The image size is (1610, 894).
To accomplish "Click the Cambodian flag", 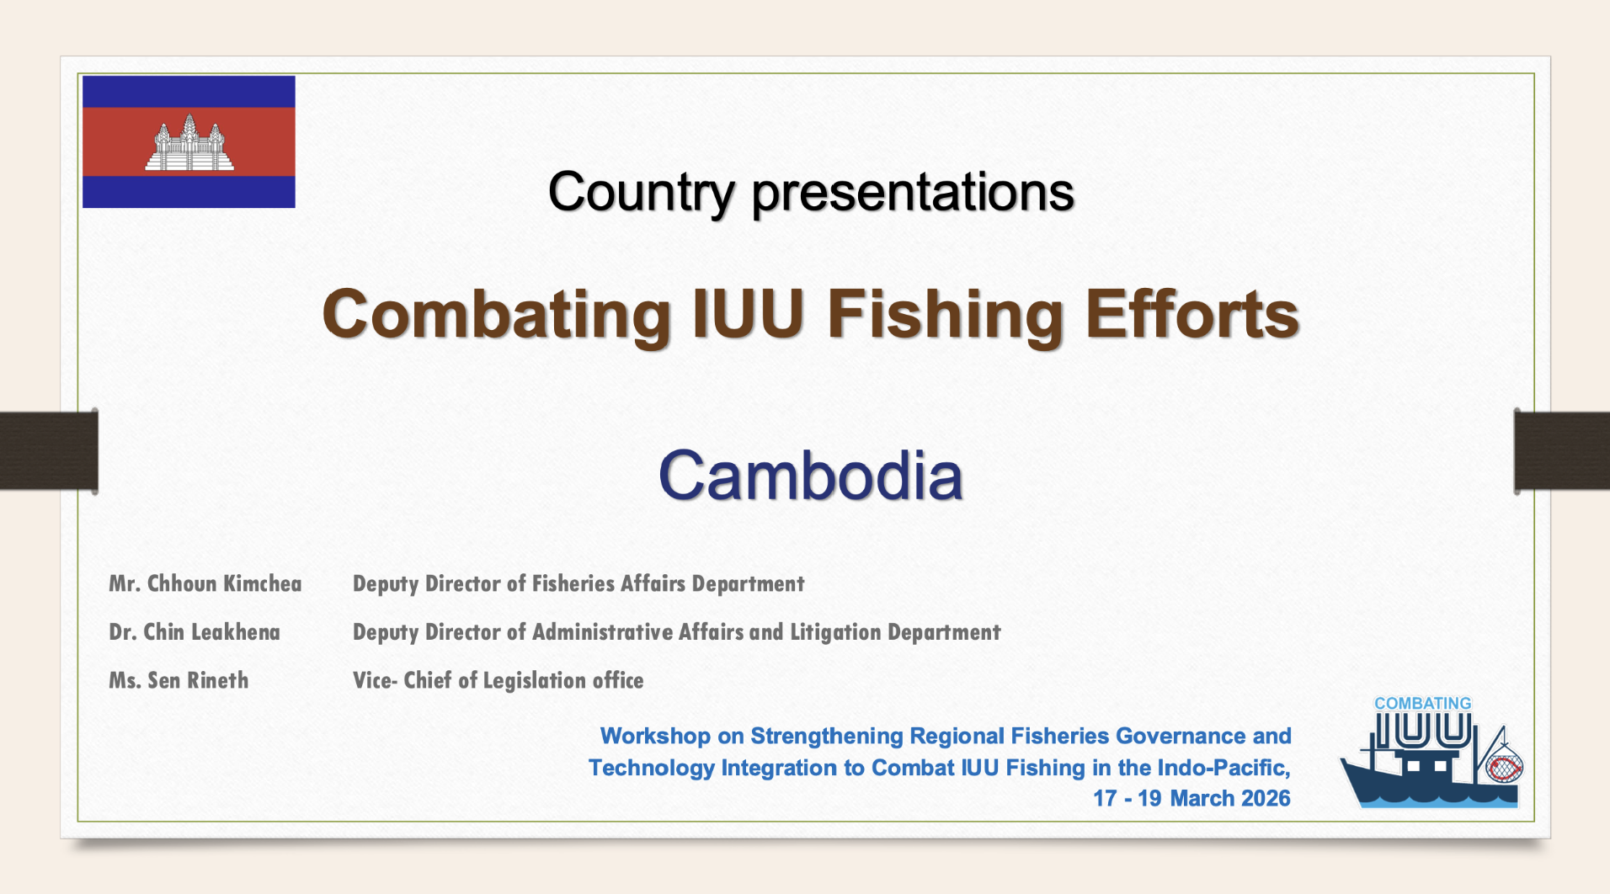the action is click(189, 141).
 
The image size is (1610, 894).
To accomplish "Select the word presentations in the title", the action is click(913, 193).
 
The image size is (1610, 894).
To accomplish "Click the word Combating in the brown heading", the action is click(497, 315).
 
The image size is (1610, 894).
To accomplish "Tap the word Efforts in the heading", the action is click(1192, 313).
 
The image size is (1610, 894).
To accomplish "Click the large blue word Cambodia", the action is click(810, 475).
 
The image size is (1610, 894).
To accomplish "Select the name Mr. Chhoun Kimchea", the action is click(205, 583).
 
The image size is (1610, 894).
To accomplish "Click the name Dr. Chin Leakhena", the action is click(195, 632).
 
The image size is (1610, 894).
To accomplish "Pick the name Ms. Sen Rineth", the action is click(179, 680).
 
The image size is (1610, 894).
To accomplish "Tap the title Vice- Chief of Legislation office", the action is click(498, 680).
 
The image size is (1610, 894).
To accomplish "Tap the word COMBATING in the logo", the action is click(1423, 703).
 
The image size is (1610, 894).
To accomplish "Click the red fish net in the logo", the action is click(1504, 766).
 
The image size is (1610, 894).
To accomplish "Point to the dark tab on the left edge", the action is click(49, 450).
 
